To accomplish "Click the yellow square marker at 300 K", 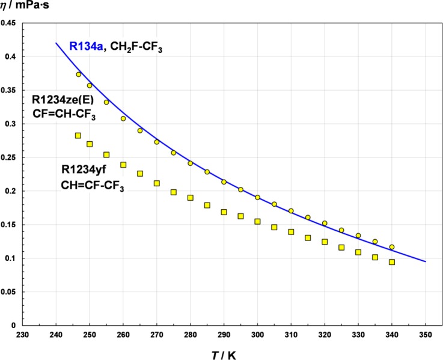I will pyautogui.click(x=257, y=221).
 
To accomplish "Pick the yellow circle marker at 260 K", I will pyautogui.click(x=123, y=118).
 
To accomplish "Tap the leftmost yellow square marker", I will pyautogui.click(x=78, y=136).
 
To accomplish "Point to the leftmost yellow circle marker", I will pyautogui.click(x=78, y=75).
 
